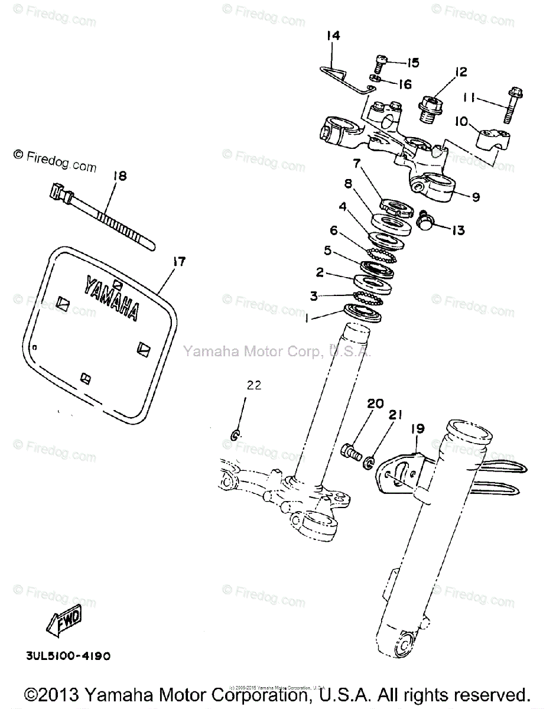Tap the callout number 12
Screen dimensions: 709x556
(x=460, y=72)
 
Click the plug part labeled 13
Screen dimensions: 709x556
(x=425, y=222)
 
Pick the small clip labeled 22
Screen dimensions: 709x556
(x=235, y=437)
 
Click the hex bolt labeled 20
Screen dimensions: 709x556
(x=351, y=454)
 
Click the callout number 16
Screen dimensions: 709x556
(x=404, y=84)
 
